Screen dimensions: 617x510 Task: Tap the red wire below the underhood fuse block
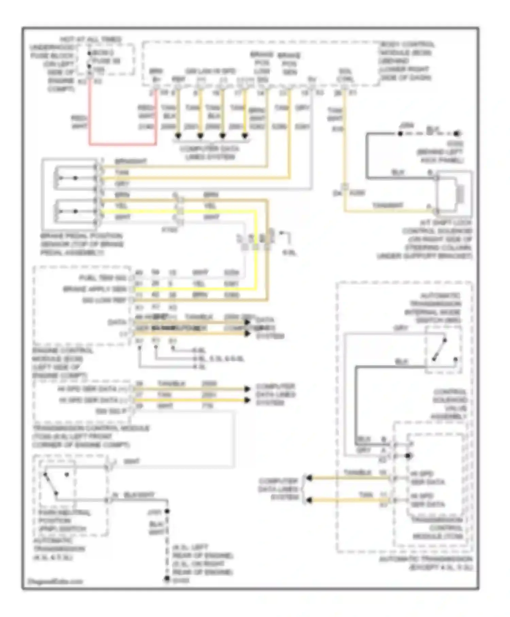click(90, 112)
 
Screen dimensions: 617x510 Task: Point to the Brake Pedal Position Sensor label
click(82, 244)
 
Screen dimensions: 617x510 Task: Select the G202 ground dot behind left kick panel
click(458, 134)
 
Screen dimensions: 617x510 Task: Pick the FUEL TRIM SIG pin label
click(102, 278)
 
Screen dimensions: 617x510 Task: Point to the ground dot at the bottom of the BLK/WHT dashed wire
click(167, 578)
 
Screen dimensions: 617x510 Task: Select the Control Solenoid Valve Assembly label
click(449, 404)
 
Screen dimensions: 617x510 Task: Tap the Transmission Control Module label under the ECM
click(90, 436)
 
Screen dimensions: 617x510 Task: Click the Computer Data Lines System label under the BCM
click(210, 153)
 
